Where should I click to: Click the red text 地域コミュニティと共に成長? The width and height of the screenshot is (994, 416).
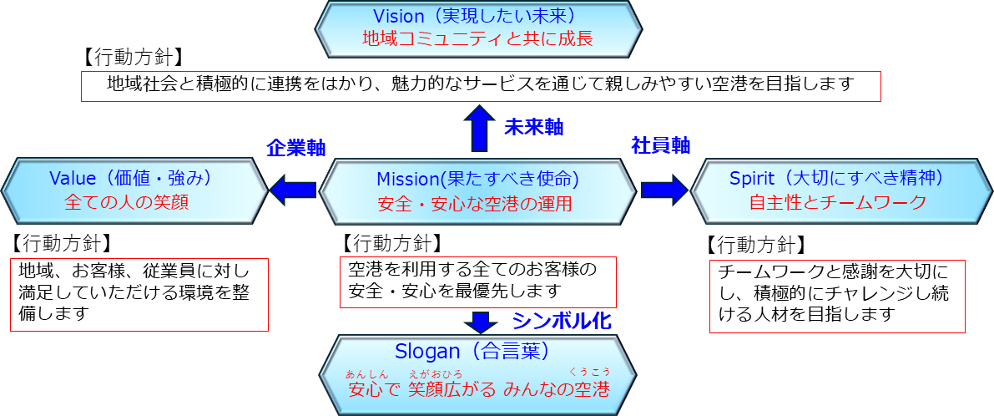tap(478, 38)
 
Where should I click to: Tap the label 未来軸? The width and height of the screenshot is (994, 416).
tap(533, 127)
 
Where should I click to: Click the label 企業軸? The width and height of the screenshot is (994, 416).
tap(295, 147)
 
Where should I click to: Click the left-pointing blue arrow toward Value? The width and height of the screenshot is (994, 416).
tap(291, 188)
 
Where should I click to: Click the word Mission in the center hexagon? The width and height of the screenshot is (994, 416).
tap(406, 179)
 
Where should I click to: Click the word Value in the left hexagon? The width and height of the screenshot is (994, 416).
tap(73, 178)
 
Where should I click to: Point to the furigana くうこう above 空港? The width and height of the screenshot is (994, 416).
tap(589, 371)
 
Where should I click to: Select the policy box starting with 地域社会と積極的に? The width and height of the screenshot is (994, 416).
tap(482, 85)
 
